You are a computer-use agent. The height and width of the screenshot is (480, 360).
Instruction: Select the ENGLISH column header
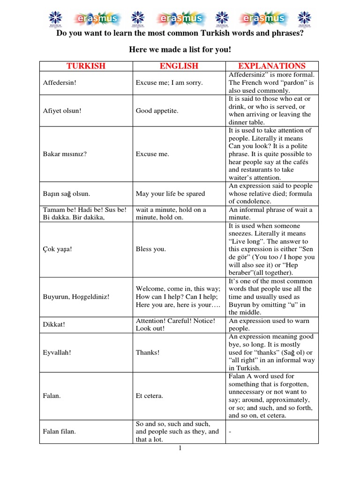(179, 66)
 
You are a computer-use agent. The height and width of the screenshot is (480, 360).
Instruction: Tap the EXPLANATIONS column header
(272, 66)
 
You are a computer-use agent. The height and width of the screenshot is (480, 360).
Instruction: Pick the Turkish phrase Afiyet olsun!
(61, 111)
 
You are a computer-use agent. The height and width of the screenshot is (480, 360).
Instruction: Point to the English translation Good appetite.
(157, 111)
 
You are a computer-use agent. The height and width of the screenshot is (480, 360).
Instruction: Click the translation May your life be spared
(170, 193)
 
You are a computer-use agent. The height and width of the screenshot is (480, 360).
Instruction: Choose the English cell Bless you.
(150, 249)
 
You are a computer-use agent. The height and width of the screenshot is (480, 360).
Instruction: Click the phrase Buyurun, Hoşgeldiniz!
(75, 297)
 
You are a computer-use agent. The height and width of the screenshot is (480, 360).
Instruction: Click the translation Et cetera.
(150, 396)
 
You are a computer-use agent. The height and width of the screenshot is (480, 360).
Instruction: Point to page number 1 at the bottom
(179, 448)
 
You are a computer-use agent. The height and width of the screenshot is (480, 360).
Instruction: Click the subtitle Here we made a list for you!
(180, 49)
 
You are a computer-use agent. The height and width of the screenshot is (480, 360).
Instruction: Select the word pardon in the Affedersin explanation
(293, 83)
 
